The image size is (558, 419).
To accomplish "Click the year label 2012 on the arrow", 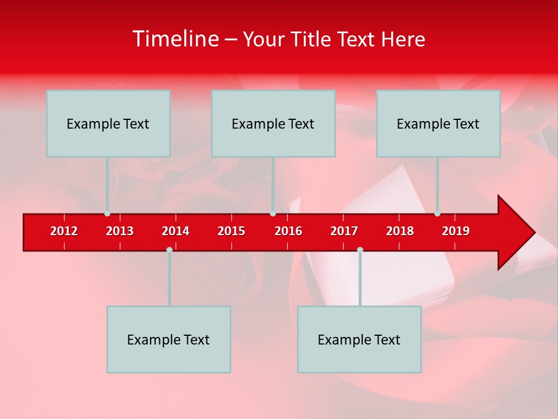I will pyautogui.click(x=64, y=231).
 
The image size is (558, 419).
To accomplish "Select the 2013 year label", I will pyautogui.click(x=120, y=231).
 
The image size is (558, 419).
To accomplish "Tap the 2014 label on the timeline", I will pyautogui.click(x=176, y=231).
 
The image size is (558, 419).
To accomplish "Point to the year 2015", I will pyautogui.click(x=231, y=231).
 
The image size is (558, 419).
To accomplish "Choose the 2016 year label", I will pyautogui.click(x=288, y=231).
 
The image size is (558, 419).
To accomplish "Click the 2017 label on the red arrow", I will pyautogui.click(x=344, y=231).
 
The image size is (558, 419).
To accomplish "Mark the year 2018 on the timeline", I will pyautogui.click(x=400, y=231).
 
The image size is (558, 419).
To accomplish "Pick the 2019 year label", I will pyautogui.click(x=456, y=231).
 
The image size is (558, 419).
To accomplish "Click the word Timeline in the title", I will pyautogui.click(x=174, y=39).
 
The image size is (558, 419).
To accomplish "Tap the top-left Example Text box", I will pyautogui.click(x=108, y=123).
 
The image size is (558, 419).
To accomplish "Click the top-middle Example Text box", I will pyautogui.click(x=273, y=123).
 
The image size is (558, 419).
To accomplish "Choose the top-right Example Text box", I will pyautogui.click(x=438, y=123).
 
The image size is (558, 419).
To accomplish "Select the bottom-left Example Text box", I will pyautogui.click(x=169, y=339).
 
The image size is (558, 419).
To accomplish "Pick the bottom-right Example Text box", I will pyautogui.click(x=359, y=339).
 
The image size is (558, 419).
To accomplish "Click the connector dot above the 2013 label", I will pyautogui.click(x=107, y=214).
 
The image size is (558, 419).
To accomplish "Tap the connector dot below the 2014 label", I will pyautogui.click(x=169, y=250).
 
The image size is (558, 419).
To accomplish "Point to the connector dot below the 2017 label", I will pyautogui.click(x=360, y=250).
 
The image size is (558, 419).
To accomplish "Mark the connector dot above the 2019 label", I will pyautogui.click(x=437, y=214).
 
